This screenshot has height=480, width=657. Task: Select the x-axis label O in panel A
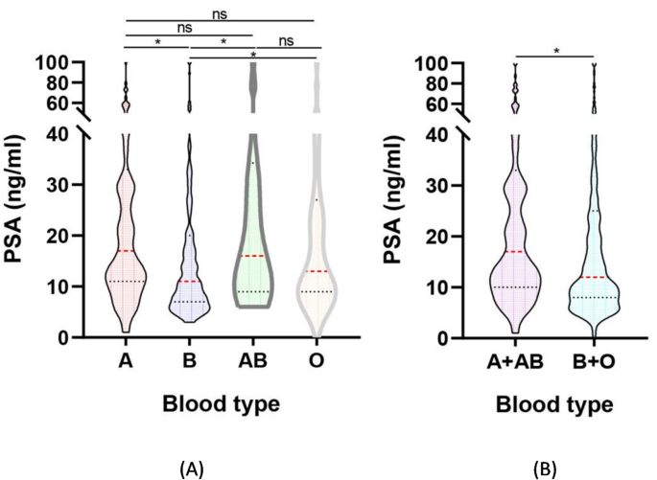pyautogui.click(x=317, y=365)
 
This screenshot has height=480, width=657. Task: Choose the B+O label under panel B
pyautogui.click(x=594, y=365)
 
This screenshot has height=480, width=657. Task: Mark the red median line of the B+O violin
pyautogui.click(x=594, y=277)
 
